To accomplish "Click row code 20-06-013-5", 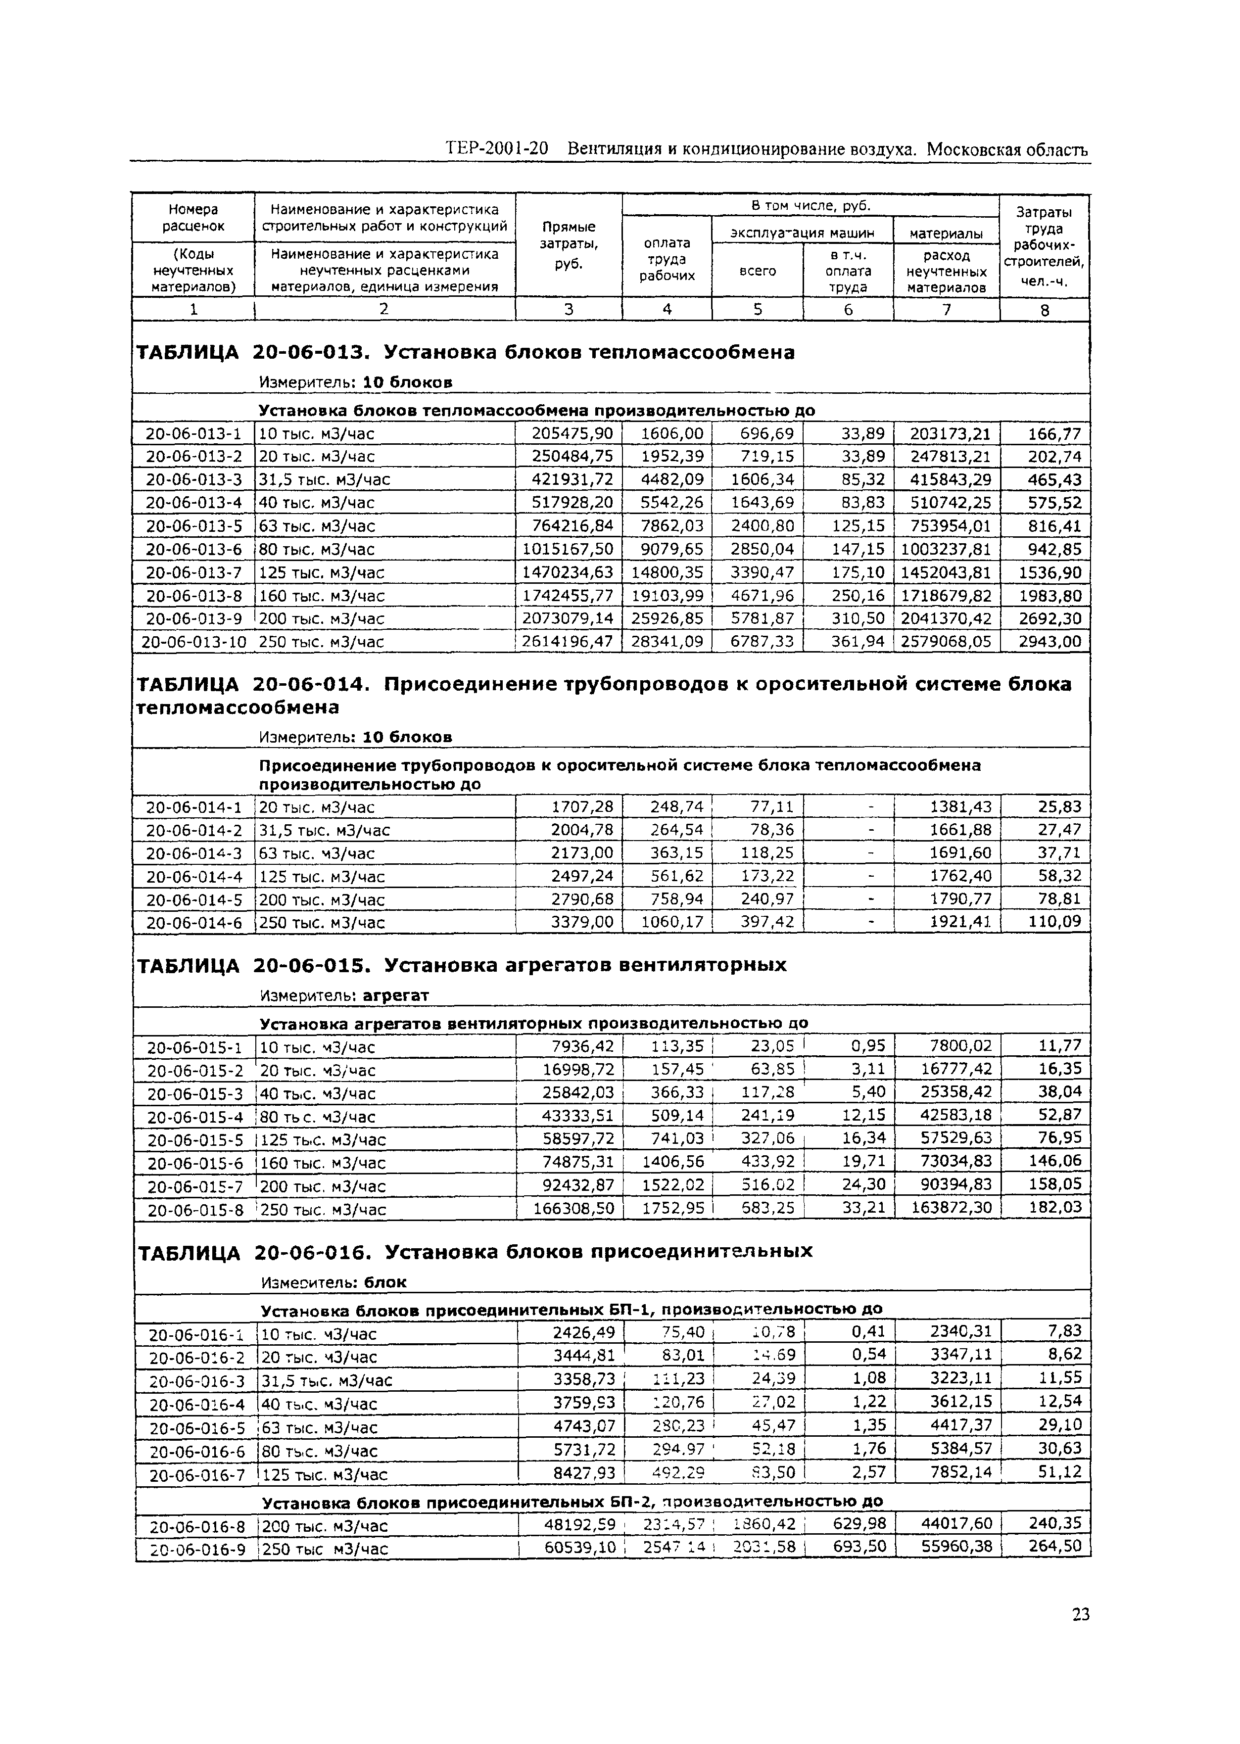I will tap(194, 526).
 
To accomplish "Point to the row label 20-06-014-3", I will tap(194, 854).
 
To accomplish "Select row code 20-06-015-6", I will tap(195, 1163).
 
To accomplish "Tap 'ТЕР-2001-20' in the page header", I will tap(497, 149).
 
